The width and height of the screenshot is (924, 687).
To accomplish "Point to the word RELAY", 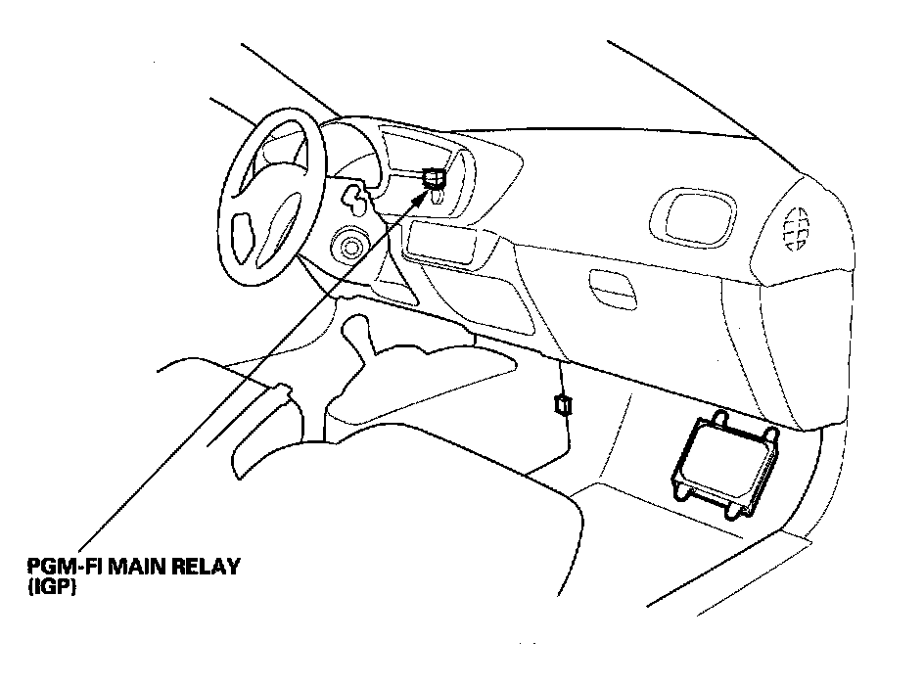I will click(207, 568).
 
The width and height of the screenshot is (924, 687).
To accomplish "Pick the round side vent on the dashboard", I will click(799, 227).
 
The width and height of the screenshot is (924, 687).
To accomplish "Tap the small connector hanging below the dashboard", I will click(562, 404).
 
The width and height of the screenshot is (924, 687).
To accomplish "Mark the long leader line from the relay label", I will click(245, 377).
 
